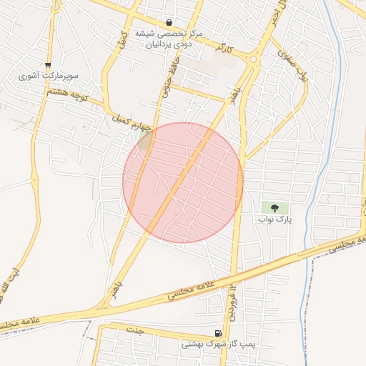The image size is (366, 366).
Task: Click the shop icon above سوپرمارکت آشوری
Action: coord(48,64)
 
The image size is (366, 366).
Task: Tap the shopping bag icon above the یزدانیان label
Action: coord(169,23)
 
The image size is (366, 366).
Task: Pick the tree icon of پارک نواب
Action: coord(275,207)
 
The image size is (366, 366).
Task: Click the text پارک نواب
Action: coord(275,219)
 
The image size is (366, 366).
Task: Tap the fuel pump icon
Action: coord(218,333)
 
